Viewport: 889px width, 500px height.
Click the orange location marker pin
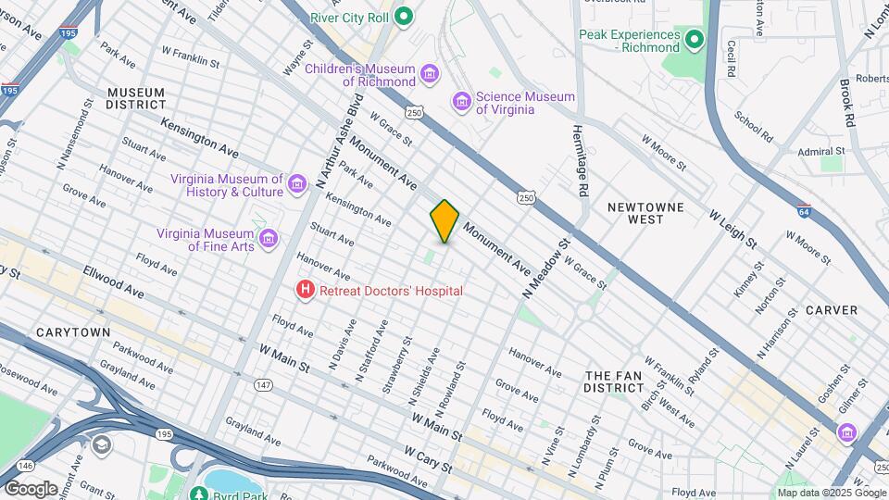[444, 221]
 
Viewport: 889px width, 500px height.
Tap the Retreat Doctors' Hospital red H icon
[305, 291]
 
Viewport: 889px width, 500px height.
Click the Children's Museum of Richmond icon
[429, 73]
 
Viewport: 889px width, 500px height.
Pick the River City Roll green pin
[403, 16]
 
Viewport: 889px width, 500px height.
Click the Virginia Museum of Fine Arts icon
[269, 239]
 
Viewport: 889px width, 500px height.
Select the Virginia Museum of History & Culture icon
[296, 184]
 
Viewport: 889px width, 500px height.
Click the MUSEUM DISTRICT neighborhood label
[135, 98]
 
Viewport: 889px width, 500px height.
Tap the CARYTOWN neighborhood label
[73, 332]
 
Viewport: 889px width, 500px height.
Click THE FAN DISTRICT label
[620, 381]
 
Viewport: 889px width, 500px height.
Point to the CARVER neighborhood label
[831, 310]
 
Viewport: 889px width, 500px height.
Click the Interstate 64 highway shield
[804, 210]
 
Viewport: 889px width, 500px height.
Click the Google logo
[31, 488]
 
